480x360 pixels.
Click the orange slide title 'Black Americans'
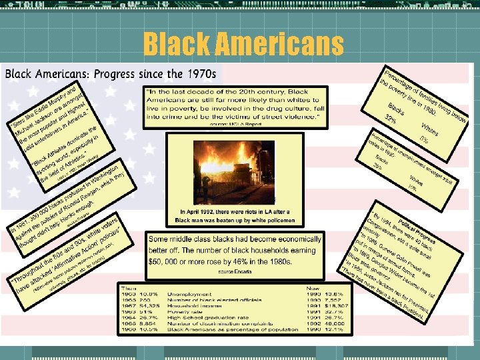pyautogui.click(x=243, y=45)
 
